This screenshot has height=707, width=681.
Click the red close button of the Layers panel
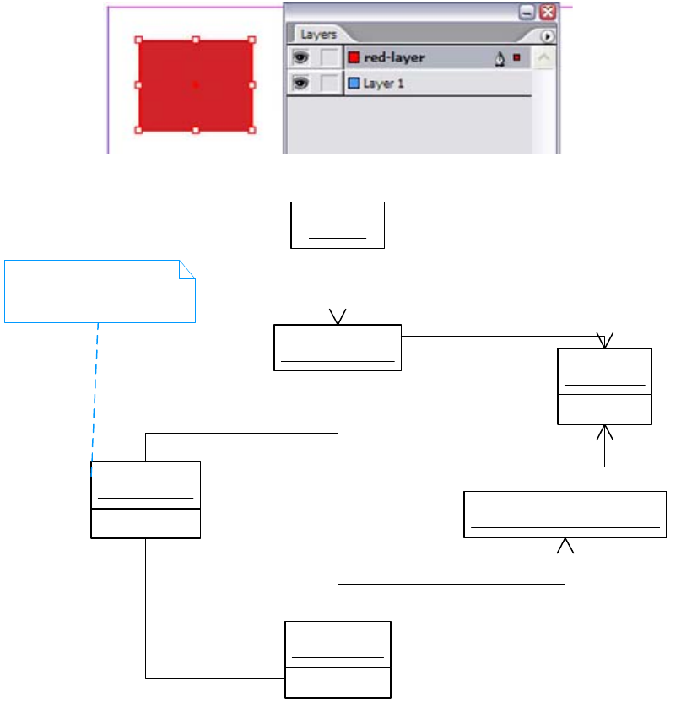[548, 12]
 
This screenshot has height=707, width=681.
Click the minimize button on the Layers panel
[527, 12]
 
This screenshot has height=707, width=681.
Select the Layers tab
[318, 35]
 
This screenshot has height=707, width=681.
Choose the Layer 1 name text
[383, 84]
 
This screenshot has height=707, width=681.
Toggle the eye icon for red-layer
[300, 57]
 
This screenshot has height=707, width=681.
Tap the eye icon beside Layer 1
[300, 84]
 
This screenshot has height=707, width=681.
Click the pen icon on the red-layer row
[500, 58]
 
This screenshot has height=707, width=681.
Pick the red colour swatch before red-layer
[354, 57]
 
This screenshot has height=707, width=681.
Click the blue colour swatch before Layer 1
[354, 84]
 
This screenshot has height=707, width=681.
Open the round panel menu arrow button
[547, 36]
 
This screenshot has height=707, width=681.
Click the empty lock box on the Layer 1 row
[331, 84]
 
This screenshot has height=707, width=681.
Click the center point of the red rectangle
[196, 84]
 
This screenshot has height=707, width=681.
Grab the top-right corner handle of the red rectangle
[251, 40]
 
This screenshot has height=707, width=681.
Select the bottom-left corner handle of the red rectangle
[139, 130]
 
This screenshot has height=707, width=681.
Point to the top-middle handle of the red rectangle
[196, 40]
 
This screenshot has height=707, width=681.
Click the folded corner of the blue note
[187, 270]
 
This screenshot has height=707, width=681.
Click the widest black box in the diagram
[565, 515]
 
